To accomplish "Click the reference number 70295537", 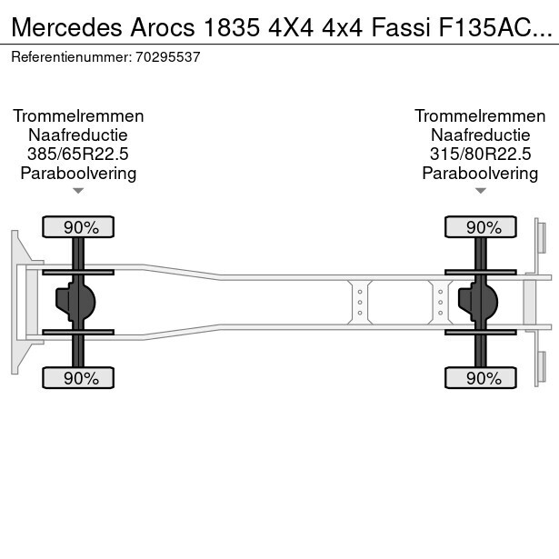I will tap(169, 56).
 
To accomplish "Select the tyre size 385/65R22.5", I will tap(78, 155).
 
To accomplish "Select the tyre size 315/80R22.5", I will tap(480, 155).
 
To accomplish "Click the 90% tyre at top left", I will tap(78, 226).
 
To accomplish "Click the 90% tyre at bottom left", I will tap(78, 378).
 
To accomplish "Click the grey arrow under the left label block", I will tap(78, 191).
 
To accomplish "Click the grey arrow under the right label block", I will tap(480, 191).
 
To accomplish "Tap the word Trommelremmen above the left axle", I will tap(78, 116).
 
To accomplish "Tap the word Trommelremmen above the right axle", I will tap(480, 116).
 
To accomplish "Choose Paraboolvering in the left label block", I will tap(78, 174).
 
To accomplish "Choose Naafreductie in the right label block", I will tap(480, 135).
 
